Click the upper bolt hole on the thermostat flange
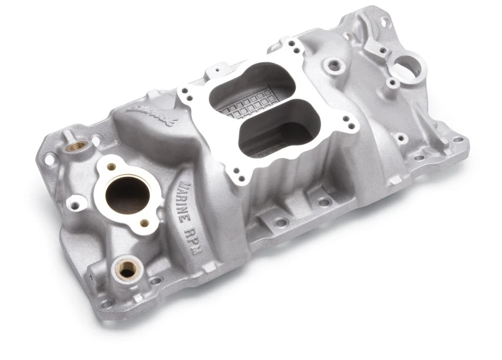pos(110,166)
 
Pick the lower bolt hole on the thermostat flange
pos(144,223)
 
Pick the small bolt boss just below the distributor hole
pos(392,83)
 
